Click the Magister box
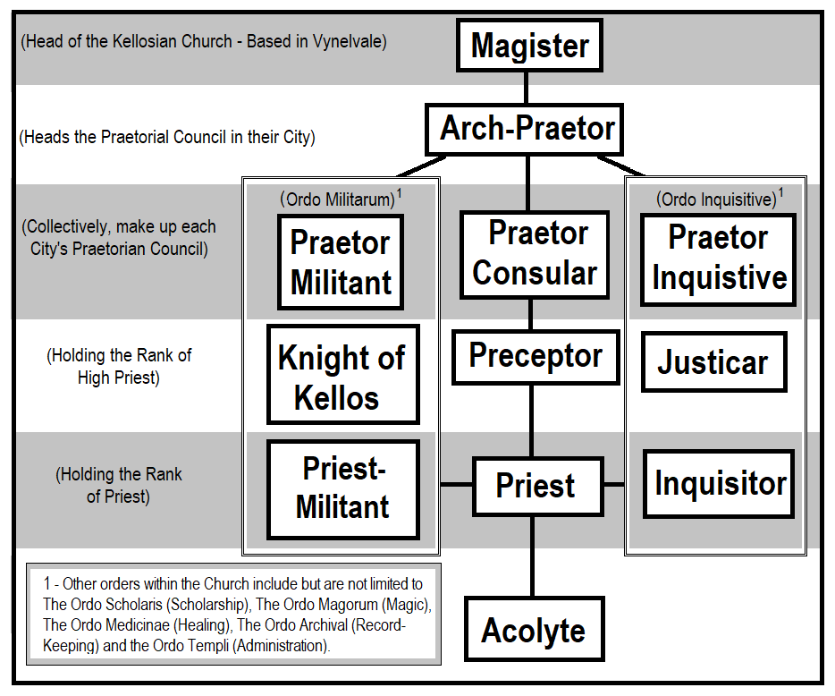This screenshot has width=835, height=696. tap(529, 46)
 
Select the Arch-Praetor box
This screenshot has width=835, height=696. tap(525, 130)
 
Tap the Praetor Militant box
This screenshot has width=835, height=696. tap(341, 262)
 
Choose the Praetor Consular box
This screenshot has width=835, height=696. tap(535, 254)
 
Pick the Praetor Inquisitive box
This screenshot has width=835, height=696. tap(719, 259)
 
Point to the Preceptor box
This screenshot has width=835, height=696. tap(535, 356)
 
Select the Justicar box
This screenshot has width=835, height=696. tap(713, 362)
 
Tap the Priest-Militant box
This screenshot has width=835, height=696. tap(342, 489)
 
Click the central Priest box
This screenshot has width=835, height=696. tap(536, 486)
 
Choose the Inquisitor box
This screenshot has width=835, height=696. tap(719, 484)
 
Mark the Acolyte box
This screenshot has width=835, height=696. tap(534, 631)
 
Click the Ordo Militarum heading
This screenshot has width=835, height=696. tap(335, 199)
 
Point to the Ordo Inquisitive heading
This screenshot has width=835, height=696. tap(715, 199)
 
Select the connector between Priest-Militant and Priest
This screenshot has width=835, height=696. tap(446, 485)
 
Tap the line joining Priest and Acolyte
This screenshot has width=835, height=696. tap(533, 555)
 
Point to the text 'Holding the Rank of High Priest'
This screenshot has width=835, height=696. tap(119, 366)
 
